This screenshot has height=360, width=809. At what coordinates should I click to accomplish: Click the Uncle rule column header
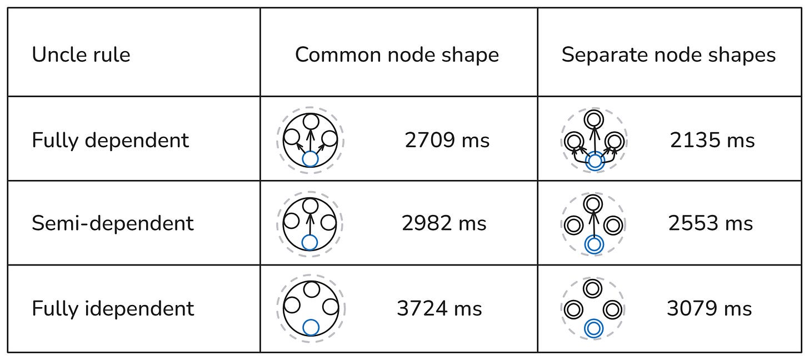coord(81,55)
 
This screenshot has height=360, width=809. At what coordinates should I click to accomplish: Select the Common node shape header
coord(397,55)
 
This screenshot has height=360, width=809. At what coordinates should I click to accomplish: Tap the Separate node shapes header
coord(668,55)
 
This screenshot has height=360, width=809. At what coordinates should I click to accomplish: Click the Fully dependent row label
coord(111,140)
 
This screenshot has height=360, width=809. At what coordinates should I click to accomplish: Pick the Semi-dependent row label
coord(113,223)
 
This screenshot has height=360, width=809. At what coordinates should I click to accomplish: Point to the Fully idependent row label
coord(113,308)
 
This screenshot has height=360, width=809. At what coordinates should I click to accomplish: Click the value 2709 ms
coord(447,141)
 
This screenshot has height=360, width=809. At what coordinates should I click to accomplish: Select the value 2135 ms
coord(712,141)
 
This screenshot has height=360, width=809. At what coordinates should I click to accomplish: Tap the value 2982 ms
coord(444,224)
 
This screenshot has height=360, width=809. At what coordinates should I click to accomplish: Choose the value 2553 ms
coord(711,224)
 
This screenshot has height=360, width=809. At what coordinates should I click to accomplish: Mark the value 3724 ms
coord(440,309)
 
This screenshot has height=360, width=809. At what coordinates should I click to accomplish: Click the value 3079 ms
coord(710,309)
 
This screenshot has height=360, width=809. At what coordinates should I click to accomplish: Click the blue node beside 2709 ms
coord(310,159)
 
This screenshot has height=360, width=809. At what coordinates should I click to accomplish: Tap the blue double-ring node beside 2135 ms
coord(595,161)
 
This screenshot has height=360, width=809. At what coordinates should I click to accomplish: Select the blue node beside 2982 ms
coord(310,243)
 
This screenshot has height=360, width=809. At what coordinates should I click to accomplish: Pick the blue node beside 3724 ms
coord(311,328)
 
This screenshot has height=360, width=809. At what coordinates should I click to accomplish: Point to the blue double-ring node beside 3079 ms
coord(594,328)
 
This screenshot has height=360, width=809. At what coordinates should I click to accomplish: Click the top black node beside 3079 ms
coord(594,288)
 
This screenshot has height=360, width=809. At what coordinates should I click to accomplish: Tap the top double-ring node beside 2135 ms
coord(594,119)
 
